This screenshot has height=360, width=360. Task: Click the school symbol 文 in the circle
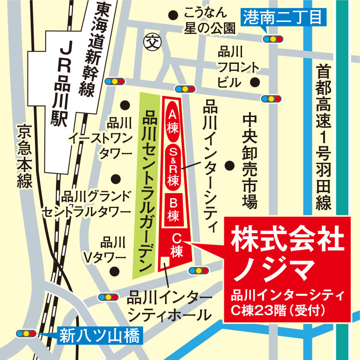(151, 41)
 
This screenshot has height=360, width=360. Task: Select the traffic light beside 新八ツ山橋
(26, 333)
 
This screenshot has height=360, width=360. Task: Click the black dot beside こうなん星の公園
(173, 15)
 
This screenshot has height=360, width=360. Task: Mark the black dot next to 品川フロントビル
(255, 83)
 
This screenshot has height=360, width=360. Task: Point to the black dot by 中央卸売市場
(229, 166)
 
